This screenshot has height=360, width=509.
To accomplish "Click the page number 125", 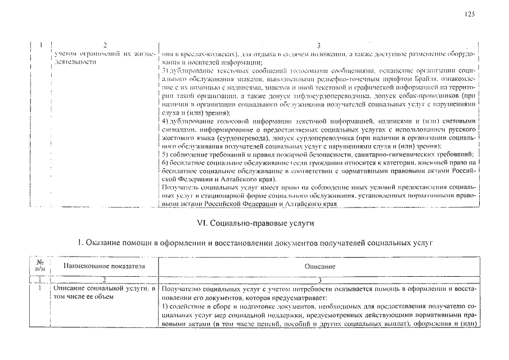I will tap(470, 15).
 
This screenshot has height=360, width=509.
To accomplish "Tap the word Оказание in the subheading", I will tap(103, 243).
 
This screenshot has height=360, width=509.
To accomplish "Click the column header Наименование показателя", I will tap(104, 265).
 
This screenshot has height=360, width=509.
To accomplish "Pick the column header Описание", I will tap(320, 266).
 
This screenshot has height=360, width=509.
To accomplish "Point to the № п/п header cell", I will tap(40, 265).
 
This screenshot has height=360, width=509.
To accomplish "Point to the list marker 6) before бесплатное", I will tap(165, 162).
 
